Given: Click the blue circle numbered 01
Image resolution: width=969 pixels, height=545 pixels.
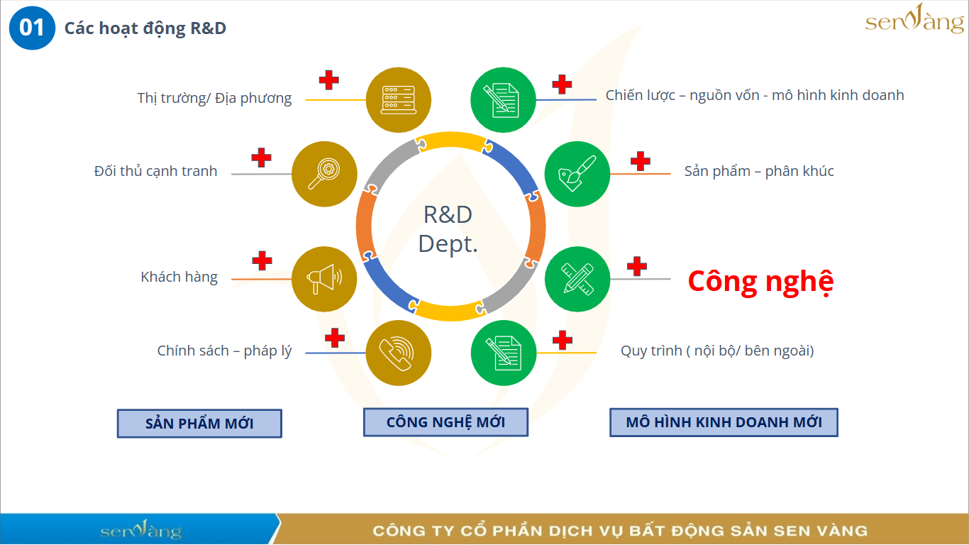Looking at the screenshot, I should (32, 28).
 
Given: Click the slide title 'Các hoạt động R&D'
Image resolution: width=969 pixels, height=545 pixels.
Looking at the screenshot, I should (145, 28).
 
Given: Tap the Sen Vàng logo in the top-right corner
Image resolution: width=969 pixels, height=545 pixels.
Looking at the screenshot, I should (914, 21).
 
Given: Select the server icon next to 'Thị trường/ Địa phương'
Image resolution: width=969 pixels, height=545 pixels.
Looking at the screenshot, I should (399, 100).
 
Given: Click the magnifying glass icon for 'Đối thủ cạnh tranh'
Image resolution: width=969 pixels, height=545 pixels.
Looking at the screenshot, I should (325, 175).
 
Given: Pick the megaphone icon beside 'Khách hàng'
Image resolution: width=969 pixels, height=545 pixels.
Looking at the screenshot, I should (325, 279).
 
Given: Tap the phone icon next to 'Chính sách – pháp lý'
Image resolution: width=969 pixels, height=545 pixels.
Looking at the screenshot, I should (399, 353).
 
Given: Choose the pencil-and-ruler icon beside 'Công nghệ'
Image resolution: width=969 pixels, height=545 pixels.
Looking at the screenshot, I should (577, 279).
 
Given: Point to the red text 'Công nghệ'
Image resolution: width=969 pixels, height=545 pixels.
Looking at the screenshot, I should (760, 282).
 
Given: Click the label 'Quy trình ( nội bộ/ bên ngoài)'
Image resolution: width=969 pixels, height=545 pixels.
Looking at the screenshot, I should (717, 351).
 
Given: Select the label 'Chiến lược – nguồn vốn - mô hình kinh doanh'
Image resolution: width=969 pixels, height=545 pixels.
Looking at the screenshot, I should (755, 95).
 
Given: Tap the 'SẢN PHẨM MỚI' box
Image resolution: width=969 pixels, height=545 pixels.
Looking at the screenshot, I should (199, 424).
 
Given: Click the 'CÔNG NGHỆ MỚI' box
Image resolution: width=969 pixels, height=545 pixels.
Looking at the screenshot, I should (445, 422).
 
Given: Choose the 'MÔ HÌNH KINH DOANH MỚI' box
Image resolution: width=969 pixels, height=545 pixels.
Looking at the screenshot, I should (724, 422).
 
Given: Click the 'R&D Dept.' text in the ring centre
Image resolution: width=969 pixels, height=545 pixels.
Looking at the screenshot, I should (448, 229).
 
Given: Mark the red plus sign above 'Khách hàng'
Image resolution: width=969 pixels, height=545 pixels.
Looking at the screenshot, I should (262, 260).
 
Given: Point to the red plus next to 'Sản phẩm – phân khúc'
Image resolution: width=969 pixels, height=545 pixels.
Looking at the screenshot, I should (641, 161).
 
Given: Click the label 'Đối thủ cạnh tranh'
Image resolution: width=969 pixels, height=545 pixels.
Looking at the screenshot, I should (155, 171).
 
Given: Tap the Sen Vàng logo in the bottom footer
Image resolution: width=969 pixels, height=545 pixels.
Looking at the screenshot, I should (140, 531).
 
